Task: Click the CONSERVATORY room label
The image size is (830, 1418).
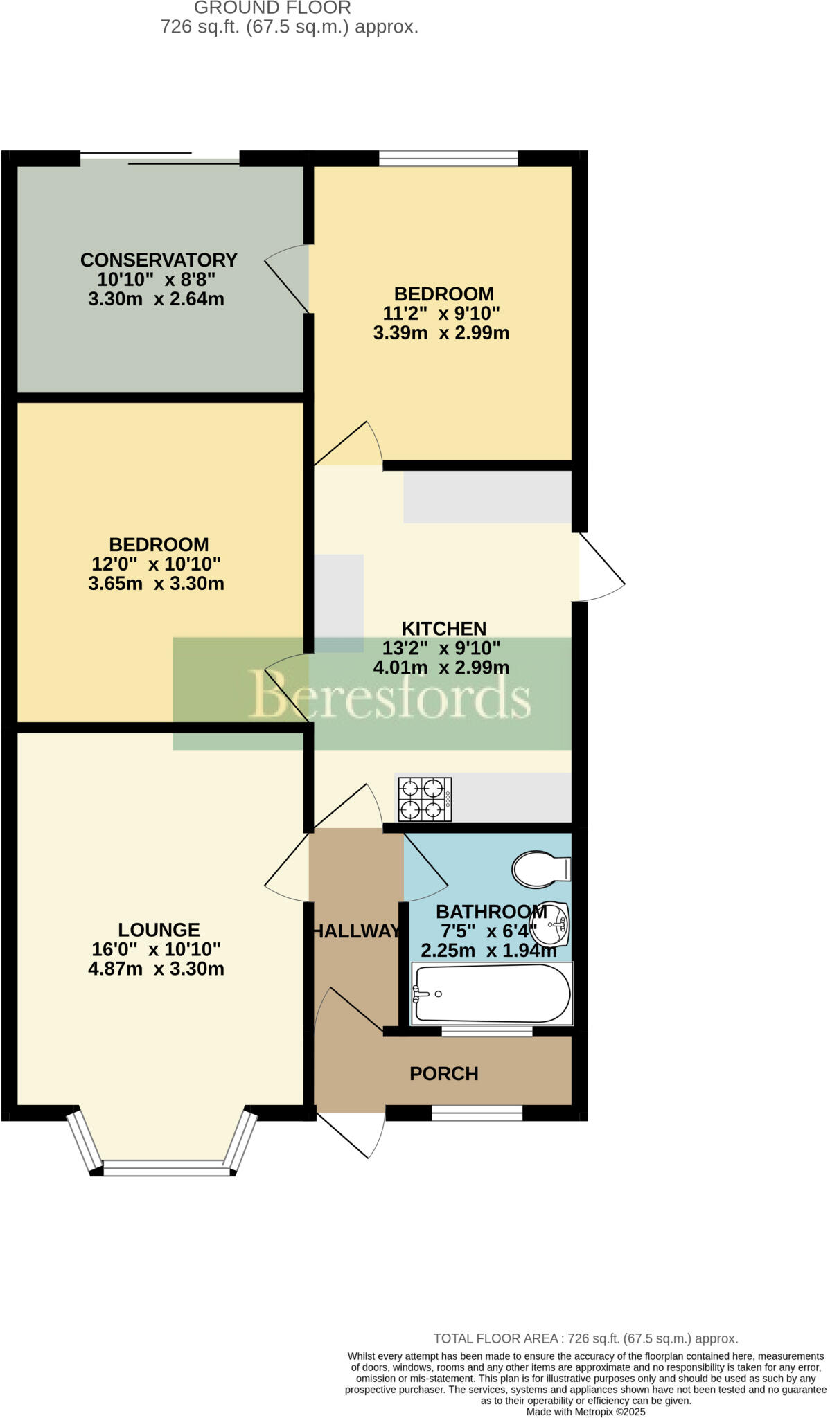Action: click(159, 260)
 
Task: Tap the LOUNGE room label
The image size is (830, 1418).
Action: click(159, 930)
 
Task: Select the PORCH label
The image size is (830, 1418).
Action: click(444, 1074)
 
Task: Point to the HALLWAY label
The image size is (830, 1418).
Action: click(356, 931)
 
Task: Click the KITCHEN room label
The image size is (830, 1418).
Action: click(444, 629)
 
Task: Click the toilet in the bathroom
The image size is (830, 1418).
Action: click(540, 869)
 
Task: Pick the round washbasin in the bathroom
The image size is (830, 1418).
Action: click(554, 924)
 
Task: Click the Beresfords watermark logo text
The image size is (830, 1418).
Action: click(389, 694)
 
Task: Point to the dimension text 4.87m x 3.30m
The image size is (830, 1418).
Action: click(156, 969)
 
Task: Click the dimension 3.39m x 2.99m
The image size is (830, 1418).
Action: click(441, 333)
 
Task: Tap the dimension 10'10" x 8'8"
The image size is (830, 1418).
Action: click(157, 280)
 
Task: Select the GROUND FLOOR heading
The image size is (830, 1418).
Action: click(272, 8)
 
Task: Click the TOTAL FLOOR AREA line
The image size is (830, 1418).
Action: click(585, 1338)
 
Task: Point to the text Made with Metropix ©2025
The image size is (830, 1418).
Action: click(585, 1411)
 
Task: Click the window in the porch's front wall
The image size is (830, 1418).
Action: click(477, 1113)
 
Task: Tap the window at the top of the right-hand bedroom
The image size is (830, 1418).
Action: click(448, 159)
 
